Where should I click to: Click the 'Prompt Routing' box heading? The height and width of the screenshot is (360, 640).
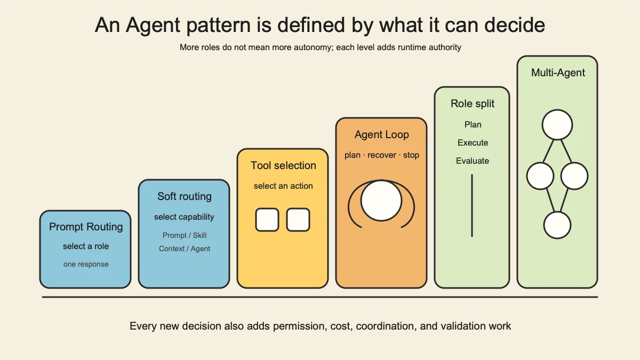(86, 227)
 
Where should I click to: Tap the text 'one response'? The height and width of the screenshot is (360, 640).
(86, 265)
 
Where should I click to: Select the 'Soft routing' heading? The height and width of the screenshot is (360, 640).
(185, 196)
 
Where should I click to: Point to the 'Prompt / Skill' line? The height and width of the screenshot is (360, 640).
(185, 235)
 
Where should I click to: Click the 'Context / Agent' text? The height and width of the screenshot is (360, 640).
(185, 249)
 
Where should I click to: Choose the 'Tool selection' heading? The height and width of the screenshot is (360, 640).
(283, 165)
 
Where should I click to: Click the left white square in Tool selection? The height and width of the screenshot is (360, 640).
(267, 220)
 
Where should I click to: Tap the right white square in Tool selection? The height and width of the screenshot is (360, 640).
(298, 220)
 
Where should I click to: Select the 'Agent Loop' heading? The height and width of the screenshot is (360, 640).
(381, 134)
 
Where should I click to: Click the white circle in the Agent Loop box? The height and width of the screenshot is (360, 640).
(381, 201)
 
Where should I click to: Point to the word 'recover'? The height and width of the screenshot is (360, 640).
(382, 155)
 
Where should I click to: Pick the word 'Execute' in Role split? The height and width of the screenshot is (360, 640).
(473, 142)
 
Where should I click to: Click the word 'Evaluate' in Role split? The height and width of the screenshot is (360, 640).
(473, 161)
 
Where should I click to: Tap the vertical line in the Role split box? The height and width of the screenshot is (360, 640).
(472, 205)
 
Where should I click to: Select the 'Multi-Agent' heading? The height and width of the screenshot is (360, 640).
(558, 73)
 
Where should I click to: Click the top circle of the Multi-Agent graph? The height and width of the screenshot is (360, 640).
(557, 125)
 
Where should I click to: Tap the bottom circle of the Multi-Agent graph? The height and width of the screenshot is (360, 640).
(557, 225)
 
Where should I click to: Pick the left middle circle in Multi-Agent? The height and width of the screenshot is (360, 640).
(540, 176)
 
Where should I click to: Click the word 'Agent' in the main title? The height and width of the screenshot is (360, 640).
(153, 25)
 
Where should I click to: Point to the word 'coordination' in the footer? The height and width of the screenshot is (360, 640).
(385, 326)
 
